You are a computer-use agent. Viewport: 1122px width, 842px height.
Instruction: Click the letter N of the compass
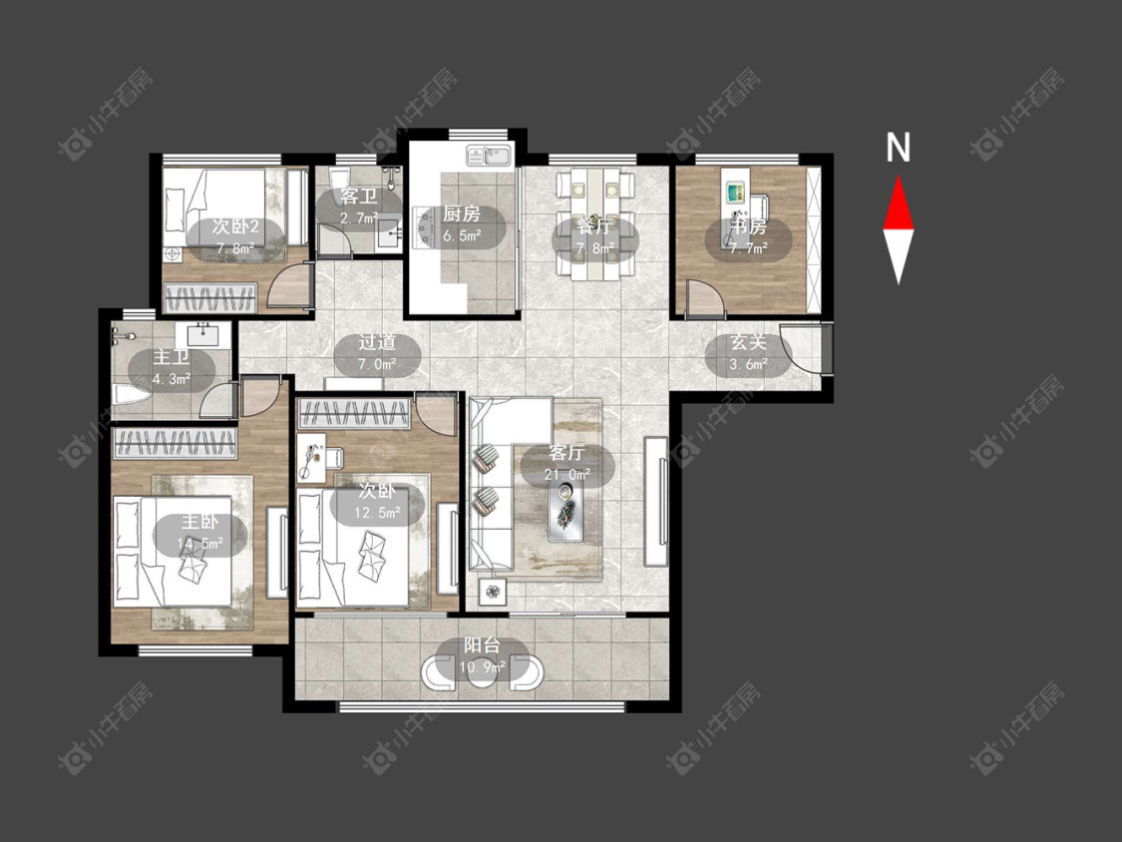coord(898,148)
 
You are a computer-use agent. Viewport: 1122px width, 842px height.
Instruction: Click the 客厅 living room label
coord(566,453)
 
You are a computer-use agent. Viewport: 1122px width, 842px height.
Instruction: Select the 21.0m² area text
coord(566,474)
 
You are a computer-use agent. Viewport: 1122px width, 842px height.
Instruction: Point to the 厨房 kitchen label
coord(462,213)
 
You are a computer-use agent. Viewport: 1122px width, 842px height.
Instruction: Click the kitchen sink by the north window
coord(490,155)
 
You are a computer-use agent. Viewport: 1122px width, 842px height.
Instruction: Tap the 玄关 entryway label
coord(748,343)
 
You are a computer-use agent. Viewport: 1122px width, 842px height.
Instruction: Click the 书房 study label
coord(748,227)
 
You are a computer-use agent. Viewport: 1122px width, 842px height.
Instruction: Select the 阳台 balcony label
coord(483,645)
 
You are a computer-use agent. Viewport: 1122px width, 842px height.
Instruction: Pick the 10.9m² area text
coord(483,666)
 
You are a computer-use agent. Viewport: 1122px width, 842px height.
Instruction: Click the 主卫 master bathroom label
coord(171,357)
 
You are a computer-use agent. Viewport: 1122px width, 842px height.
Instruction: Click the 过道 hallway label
coord(377,343)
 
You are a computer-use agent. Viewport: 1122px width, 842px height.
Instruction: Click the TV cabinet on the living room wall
coord(657,500)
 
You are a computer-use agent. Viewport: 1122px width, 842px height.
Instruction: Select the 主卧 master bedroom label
coord(199,523)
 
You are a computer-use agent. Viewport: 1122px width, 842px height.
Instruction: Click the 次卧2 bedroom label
coord(235,227)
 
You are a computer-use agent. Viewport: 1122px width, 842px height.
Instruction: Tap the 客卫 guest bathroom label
coord(358,197)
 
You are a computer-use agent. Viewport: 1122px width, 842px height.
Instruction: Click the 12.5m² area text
coord(377,513)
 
